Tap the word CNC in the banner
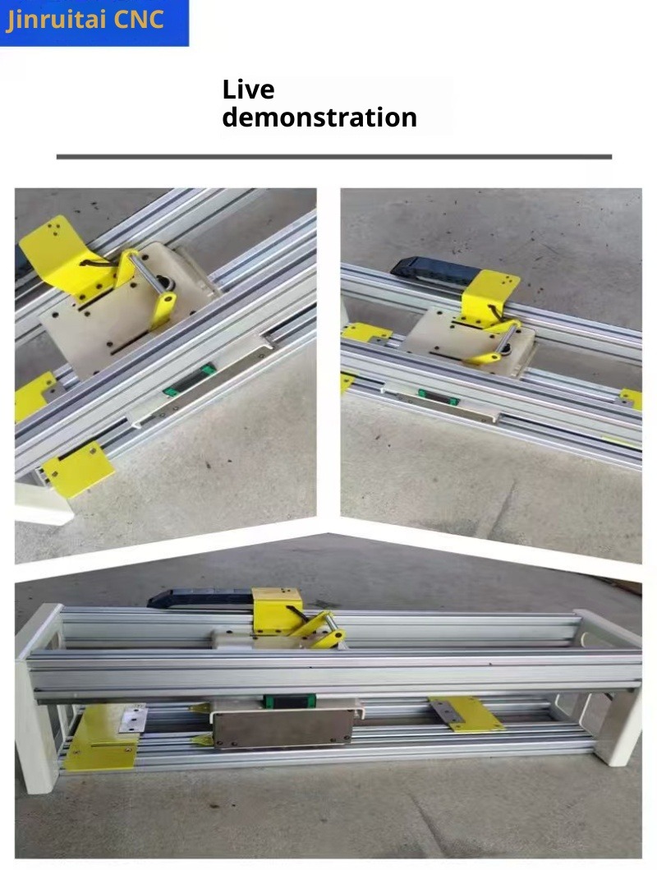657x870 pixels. pyautogui.click(x=139, y=19)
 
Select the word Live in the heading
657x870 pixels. pyautogui.click(x=248, y=90)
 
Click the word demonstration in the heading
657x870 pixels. pyautogui.click(x=319, y=117)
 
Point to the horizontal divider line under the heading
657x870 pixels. pyautogui.click(x=333, y=157)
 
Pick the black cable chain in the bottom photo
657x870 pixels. pyautogui.click(x=200, y=598)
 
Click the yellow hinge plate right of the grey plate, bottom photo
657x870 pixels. pyautogui.click(x=466, y=714)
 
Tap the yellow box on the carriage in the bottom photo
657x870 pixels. pyautogui.click(x=278, y=610)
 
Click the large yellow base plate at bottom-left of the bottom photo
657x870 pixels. pyautogui.click(x=100, y=739)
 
